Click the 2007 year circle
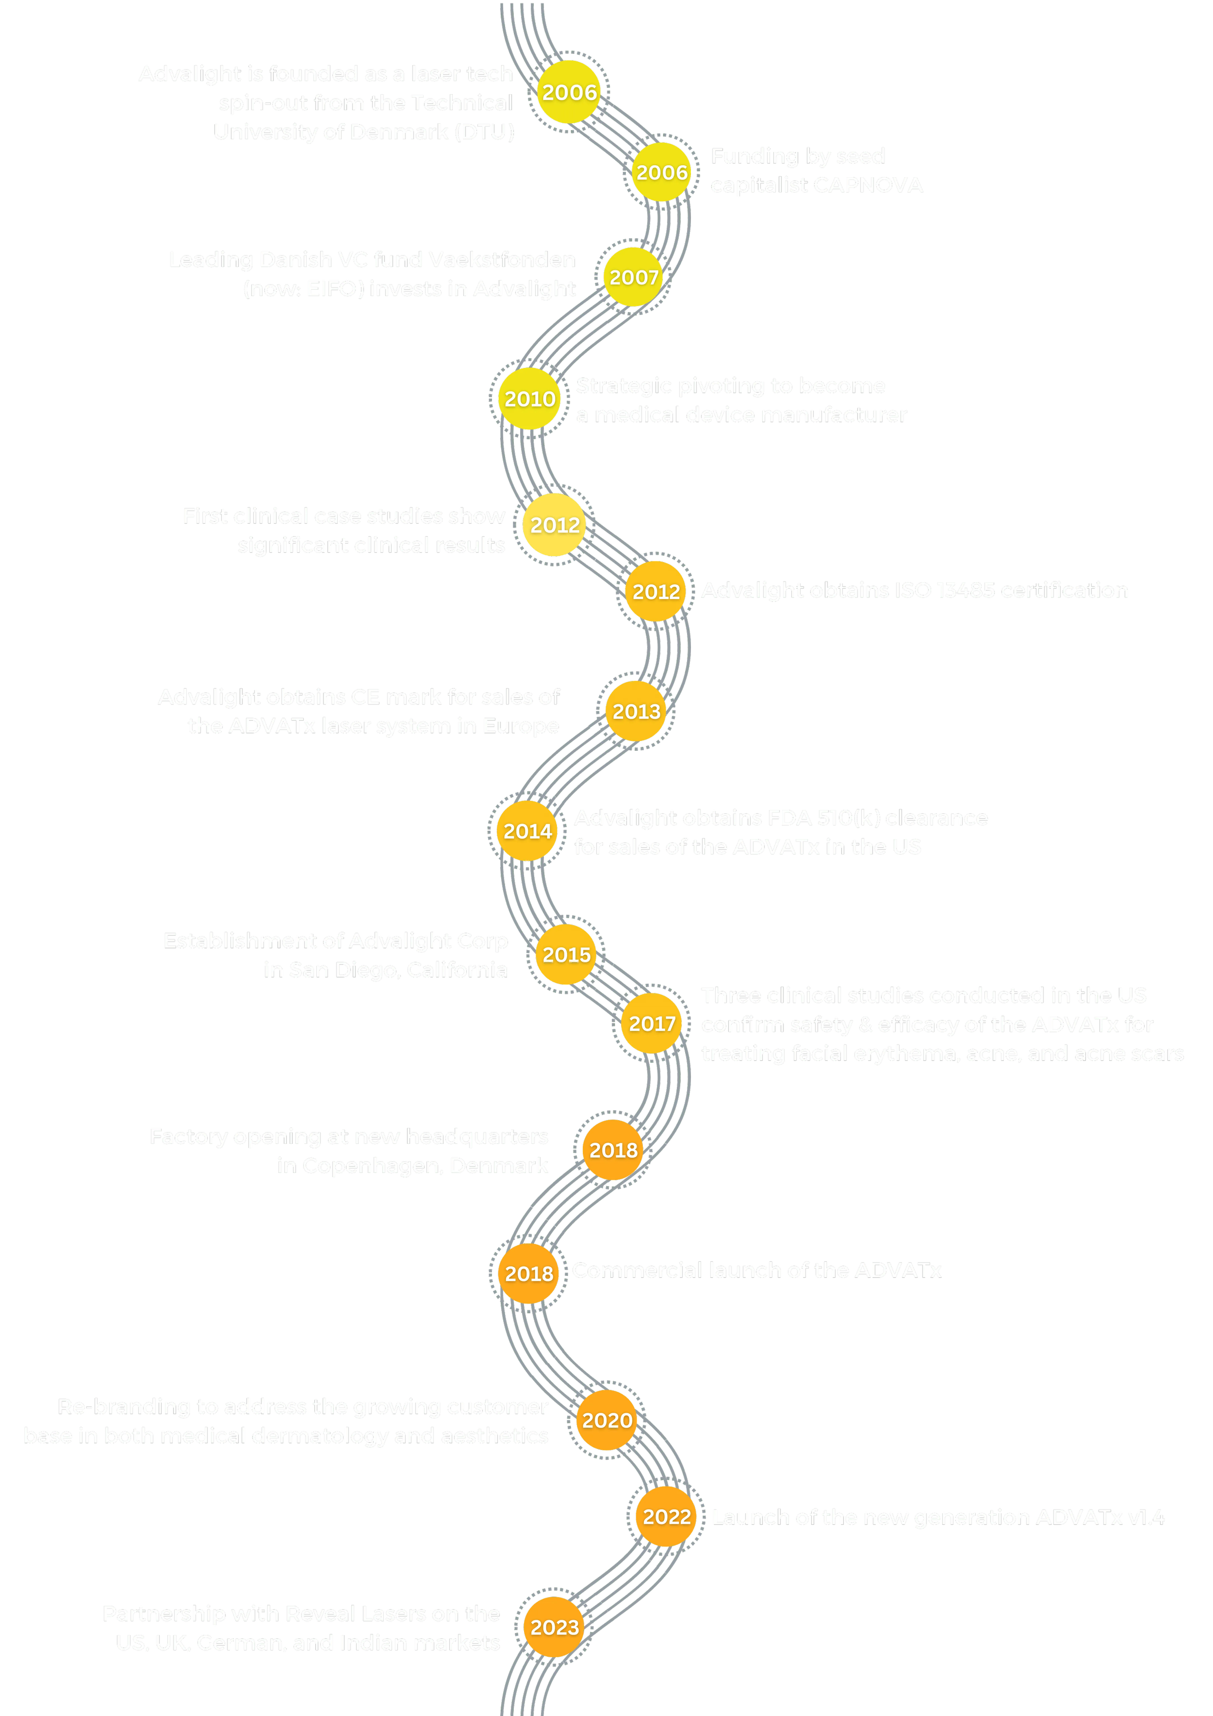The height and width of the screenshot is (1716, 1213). click(x=633, y=277)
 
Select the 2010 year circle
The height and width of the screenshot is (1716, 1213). click(x=529, y=399)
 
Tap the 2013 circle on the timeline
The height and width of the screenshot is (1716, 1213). click(x=636, y=711)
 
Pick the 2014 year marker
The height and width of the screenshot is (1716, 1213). click(x=527, y=831)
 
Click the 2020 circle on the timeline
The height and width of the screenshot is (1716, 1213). click(x=607, y=1420)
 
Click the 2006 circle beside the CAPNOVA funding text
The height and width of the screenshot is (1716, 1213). click(x=661, y=173)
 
